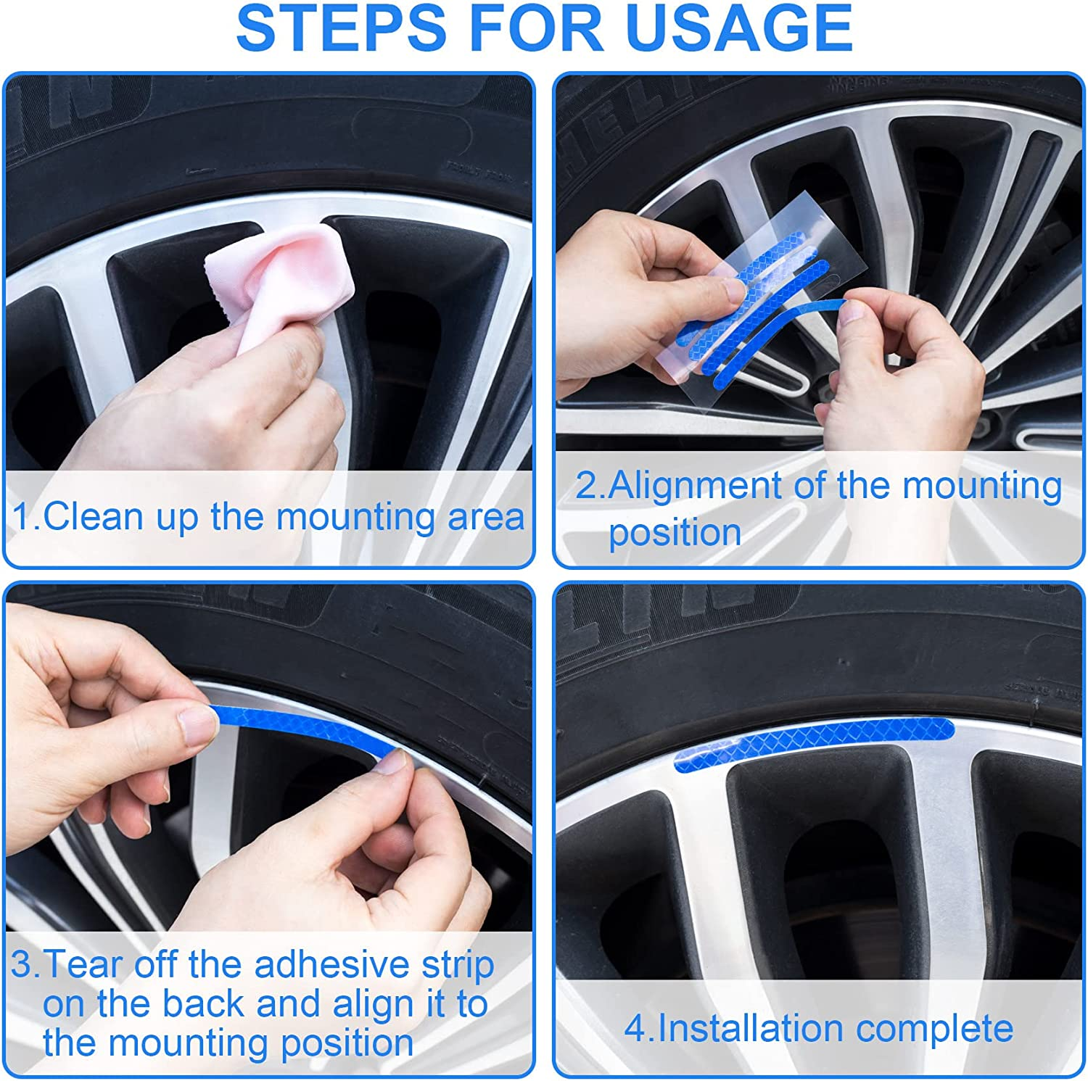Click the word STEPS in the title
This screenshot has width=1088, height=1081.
click(341, 28)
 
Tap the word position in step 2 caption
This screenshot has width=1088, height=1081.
click(675, 532)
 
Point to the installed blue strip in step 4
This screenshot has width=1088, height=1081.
click(812, 741)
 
